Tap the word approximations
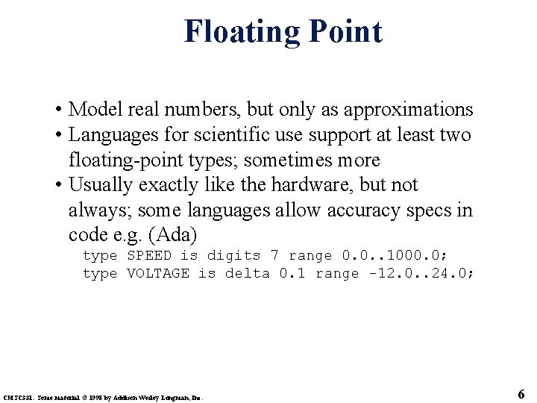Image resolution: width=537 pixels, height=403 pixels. click(405, 110)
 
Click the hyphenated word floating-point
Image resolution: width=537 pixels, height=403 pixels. click(123, 160)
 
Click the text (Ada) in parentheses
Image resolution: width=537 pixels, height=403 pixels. click(173, 235)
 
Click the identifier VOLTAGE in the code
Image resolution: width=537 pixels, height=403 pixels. click(158, 273)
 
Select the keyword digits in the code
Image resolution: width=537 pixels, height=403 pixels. click(233, 256)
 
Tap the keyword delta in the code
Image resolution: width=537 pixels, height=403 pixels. click(245, 273)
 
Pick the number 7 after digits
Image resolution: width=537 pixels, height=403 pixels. click(274, 256)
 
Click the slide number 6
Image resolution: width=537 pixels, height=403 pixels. click(521, 393)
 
